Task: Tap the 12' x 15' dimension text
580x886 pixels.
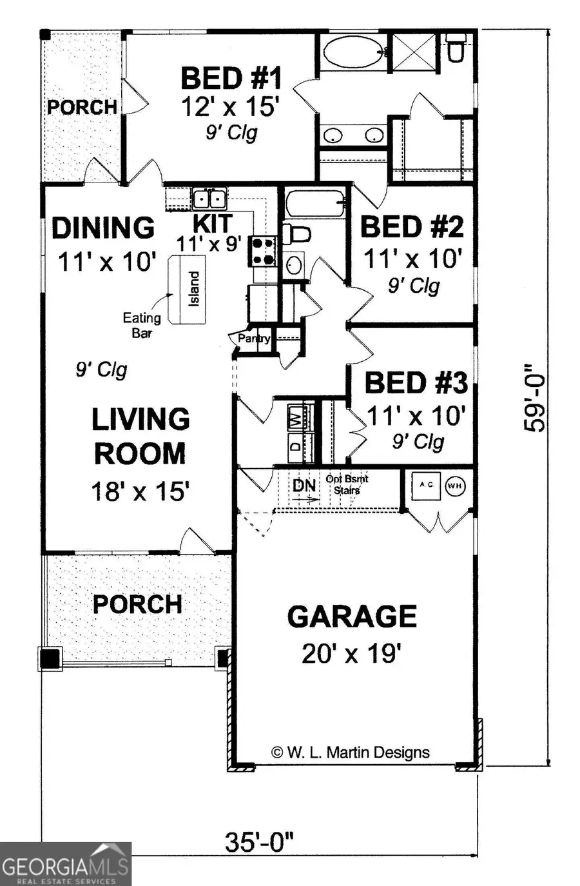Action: point(230,106)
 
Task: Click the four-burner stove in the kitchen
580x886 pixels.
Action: point(263,251)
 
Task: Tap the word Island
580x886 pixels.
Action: point(193,288)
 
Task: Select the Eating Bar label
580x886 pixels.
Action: point(142,325)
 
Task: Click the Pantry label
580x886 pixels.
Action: point(254,338)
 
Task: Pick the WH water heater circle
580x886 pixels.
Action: point(455,486)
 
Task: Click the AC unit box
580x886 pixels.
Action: point(426,485)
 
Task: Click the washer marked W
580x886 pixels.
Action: point(295,417)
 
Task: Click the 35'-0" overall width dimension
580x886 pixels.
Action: point(259,842)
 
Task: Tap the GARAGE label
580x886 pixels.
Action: point(352,616)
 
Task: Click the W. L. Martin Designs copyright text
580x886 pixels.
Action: point(351,752)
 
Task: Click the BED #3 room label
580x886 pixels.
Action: point(416,382)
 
